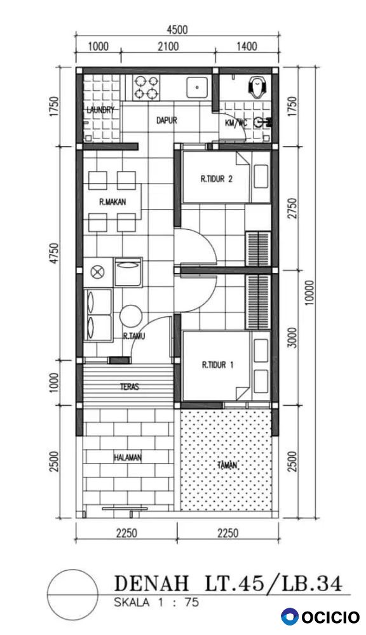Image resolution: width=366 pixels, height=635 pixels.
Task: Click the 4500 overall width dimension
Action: tap(177, 30)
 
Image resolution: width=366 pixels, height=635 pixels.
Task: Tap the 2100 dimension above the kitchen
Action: tap(168, 46)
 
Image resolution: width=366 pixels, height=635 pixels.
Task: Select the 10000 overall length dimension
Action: tap(309, 292)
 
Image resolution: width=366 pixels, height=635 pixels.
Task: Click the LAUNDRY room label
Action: tap(101, 110)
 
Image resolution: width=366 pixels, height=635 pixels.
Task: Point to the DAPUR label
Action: tap(166, 120)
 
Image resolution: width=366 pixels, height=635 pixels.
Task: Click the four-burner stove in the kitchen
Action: tap(146, 88)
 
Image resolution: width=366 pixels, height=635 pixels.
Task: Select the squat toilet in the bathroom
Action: tap(257, 87)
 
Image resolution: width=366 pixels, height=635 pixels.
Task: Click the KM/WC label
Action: tap(236, 123)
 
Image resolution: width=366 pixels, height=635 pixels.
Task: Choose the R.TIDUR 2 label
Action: tap(217, 179)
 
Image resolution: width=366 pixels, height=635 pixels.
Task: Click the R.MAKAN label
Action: tap(112, 202)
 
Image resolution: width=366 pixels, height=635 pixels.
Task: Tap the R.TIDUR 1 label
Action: tap(218, 365)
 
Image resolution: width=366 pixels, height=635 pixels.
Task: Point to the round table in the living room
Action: tap(131, 316)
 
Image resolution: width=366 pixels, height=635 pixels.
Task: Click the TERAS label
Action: tap(129, 387)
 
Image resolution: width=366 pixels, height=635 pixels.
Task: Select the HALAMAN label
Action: tap(128, 458)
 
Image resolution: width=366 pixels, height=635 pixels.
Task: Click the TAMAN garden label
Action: tap(227, 465)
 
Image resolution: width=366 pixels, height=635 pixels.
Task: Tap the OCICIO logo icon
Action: tap(290, 617)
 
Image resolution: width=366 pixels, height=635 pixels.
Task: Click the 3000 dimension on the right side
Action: tap(294, 337)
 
